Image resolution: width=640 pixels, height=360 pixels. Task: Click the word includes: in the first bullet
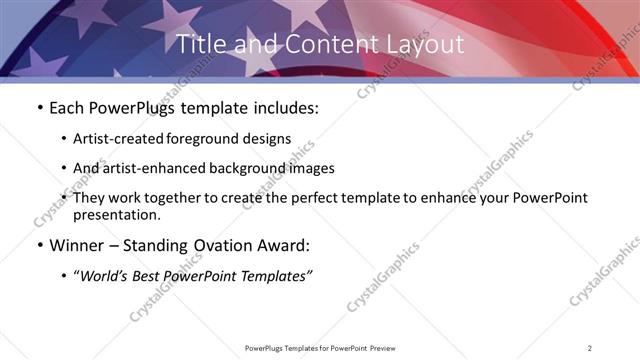(283, 108)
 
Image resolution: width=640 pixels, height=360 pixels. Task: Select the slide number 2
(590, 348)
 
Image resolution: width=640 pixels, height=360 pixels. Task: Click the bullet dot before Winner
(38, 245)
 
